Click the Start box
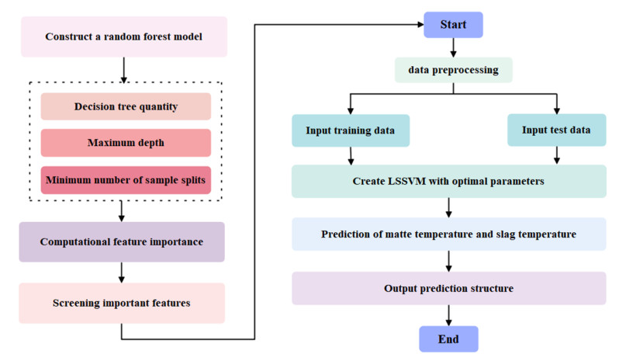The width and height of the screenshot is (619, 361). point(453,24)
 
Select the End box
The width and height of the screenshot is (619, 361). point(448,339)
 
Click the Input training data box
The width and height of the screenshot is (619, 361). point(350,130)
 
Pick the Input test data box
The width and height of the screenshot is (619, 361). point(556,130)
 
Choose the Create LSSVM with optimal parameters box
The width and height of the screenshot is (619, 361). point(448,181)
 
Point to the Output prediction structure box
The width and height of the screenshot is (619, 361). point(448,288)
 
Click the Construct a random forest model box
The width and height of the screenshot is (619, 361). point(124,36)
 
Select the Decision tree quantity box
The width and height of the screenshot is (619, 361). point(126,106)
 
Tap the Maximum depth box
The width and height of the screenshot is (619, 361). point(126,143)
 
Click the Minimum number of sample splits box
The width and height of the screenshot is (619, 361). point(126,180)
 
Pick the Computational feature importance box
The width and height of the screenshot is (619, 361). point(122,241)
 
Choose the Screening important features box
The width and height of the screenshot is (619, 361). point(122,303)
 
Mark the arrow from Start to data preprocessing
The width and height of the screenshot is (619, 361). point(453,47)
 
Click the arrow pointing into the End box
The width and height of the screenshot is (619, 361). point(448,314)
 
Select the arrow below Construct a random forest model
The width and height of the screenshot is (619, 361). point(123,69)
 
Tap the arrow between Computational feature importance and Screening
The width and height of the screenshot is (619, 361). point(122,272)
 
